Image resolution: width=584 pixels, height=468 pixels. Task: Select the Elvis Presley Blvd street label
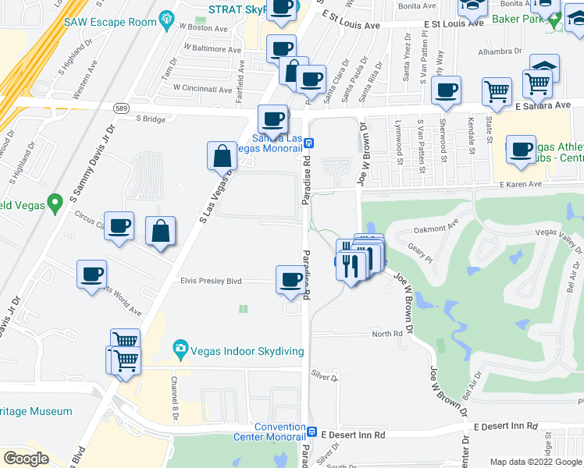[212, 281]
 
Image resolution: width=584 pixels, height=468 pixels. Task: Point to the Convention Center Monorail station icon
[312, 431]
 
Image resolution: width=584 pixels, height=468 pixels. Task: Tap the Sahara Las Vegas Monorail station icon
[309, 143]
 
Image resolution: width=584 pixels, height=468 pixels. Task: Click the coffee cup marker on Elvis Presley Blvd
[290, 280]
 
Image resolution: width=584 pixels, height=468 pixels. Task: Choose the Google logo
[26, 459]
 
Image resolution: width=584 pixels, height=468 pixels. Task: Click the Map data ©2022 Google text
[536, 462]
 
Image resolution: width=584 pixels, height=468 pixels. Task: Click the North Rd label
[386, 333]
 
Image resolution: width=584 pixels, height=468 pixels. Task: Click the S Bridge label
[151, 119]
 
